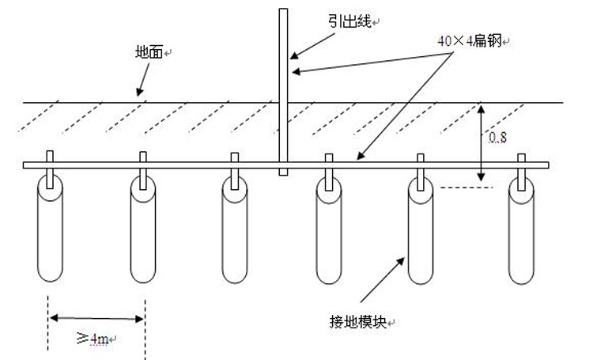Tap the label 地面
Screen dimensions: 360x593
coord(150,52)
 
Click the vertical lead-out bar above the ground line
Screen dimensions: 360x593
coord(283,55)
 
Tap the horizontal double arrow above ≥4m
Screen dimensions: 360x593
coord(96,319)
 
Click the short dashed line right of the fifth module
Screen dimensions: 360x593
coord(467,188)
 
